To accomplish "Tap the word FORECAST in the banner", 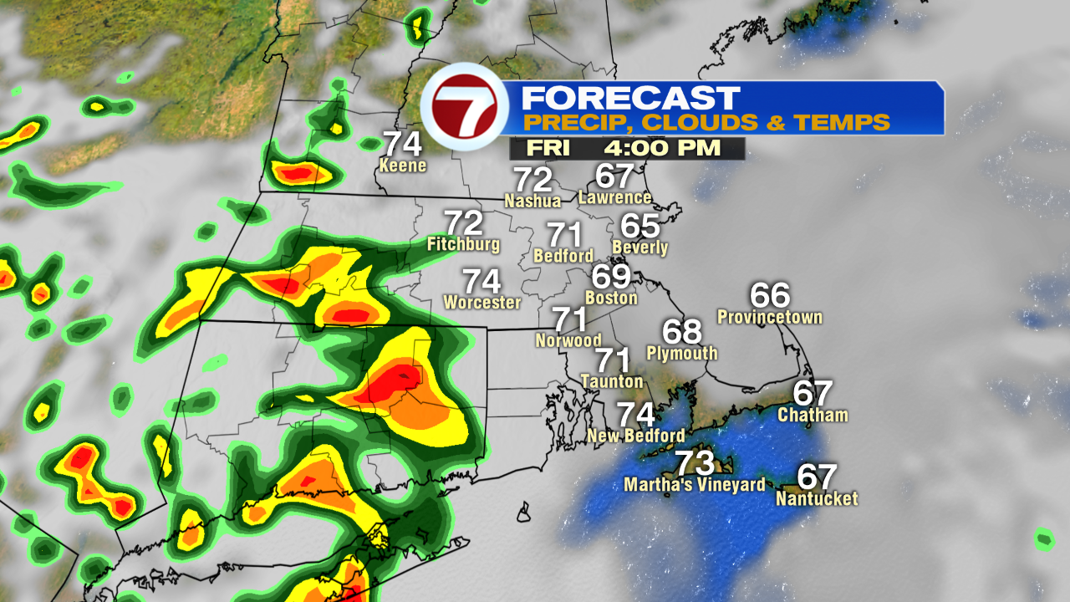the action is [x=630, y=98].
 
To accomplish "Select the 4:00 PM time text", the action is [x=660, y=149].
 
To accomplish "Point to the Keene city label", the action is [x=403, y=166].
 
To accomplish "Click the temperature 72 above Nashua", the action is [x=532, y=179].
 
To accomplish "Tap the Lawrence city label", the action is [x=614, y=197].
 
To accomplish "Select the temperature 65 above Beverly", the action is [x=640, y=226].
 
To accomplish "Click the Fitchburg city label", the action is [x=463, y=244].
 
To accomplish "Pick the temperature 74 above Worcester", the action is [x=481, y=280].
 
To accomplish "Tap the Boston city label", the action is [x=612, y=298].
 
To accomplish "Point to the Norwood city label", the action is [x=568, y=340].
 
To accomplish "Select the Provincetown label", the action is [x=770, y=317].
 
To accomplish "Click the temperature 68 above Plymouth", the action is [x=682, y=331].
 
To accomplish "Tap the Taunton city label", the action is [x=612, y=381].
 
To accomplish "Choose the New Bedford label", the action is [x=635, y=436].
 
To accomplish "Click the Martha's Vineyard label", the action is [x=694, y=485].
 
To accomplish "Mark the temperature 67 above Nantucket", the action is [x=817, y=477].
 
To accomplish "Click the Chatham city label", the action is [x=813, y=415].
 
